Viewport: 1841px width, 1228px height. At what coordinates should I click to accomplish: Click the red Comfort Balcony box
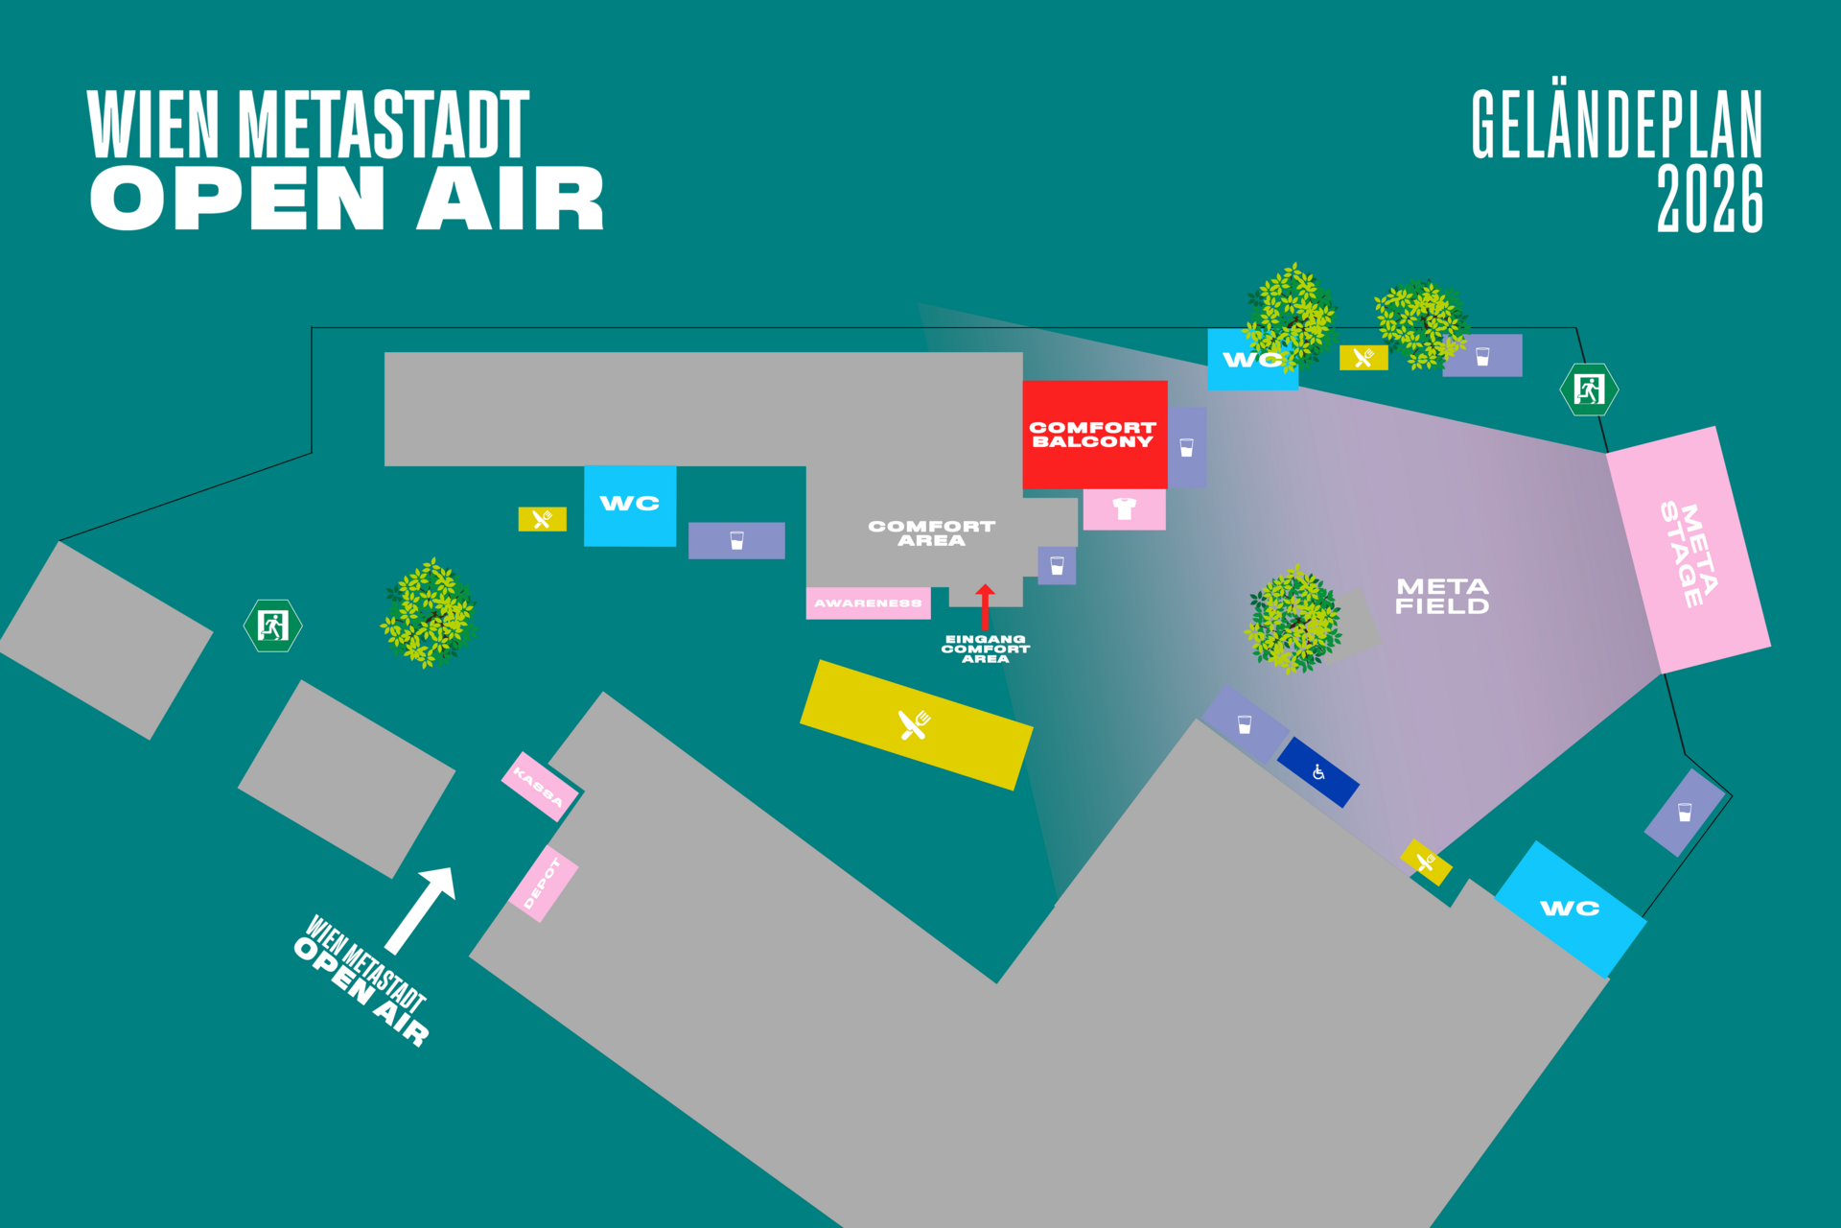pyautogui.click(x=1094, y=435)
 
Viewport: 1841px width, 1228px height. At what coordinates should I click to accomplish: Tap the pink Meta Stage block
pyautogui.click(x=1689, y=550)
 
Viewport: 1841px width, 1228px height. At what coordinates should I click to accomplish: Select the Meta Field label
pyautogui.click(x=1442, y=596)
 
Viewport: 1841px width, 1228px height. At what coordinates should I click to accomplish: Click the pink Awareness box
pyautogui.click(x=868, y=602)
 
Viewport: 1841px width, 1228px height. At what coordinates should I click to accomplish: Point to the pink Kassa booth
pyautogui.click(x=540, y=786)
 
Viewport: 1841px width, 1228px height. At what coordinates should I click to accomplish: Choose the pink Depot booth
pyautogui.click(x=543, y=884)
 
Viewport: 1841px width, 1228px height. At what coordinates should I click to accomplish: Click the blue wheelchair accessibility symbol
pyautogui.click(x=1318, y=772)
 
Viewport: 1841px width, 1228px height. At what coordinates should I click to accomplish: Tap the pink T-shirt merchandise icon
pyautogui.click(x=1124, y=508)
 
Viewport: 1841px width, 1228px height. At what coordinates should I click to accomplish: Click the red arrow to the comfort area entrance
pyautogui.click(x=985, y=606)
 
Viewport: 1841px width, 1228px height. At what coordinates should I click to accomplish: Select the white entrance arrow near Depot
pyautogui.click(x=420, y=910)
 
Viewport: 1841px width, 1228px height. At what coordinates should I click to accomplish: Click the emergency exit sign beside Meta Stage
pyautogui.click(x=1589, y=390)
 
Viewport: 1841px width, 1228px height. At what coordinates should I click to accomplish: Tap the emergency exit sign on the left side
pyautogui.click(x=273, y=626)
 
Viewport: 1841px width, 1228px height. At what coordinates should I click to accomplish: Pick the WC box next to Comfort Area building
pyautogui.click(x=630, y=506)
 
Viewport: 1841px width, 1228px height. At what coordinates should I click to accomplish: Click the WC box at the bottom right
pyautogui.click(x=1571, y=909)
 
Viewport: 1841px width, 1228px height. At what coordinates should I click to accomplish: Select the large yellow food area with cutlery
pyautogui.click(x=917, y=724)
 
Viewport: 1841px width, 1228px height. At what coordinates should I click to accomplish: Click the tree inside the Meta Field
pyautogui.click(x=1293, y=619)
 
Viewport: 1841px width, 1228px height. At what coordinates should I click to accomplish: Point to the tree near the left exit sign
pyautogui.click(x=429, y=613)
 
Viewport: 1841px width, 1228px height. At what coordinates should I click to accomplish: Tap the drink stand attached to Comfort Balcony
pyautogui.click(x=1187, y=447)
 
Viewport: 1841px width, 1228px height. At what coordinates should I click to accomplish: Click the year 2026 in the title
pyautogui.click(x=1710, y=199)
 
